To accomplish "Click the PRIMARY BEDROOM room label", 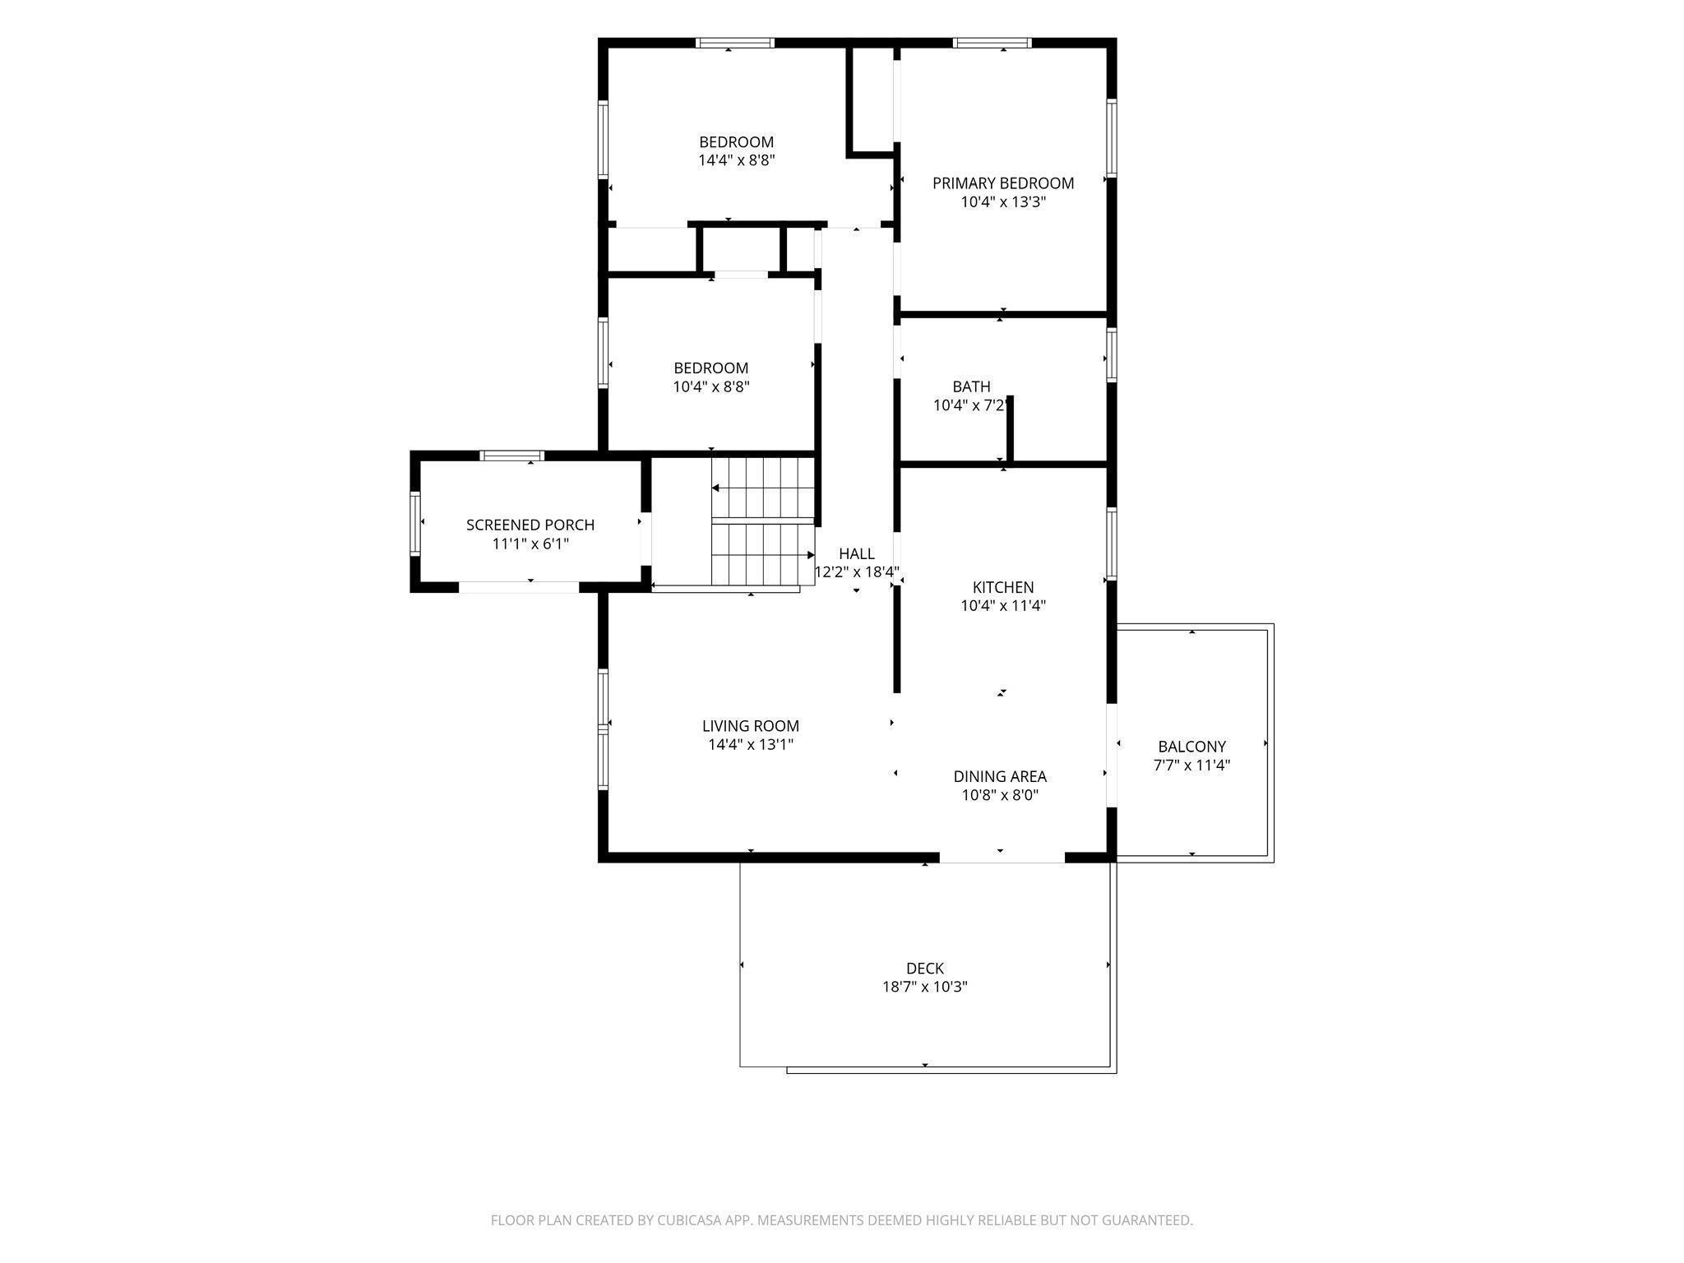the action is (x=1003, y=183).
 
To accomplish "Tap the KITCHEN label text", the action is (x=1003, y=587).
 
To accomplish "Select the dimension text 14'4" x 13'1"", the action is (x=751, y=744).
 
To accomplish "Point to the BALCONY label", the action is (x=1191, y=747).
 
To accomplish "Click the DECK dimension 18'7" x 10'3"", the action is (x=925, y=987).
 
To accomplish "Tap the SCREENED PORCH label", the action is (x=530, y=525).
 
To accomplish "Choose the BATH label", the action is (x=971, y=386).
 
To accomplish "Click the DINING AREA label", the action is (x=1000, y=776).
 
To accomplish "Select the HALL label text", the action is (x=857, y=553).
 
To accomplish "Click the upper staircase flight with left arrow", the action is (x=763, y=488).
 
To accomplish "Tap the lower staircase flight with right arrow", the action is (x=763, y=555).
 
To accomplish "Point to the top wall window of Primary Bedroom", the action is (x=992, y=43).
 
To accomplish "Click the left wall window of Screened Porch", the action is (x=415, y=524).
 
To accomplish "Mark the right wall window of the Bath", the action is (x=1111, y=355).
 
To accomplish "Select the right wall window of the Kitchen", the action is (x=1111, y=544).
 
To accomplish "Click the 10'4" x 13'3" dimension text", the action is (x=1003, y=201).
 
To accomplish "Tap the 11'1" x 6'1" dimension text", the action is (x=530, y=544).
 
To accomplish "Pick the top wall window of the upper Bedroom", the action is (x=734, y=43).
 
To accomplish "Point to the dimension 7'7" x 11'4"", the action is (x=1191, y=766).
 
